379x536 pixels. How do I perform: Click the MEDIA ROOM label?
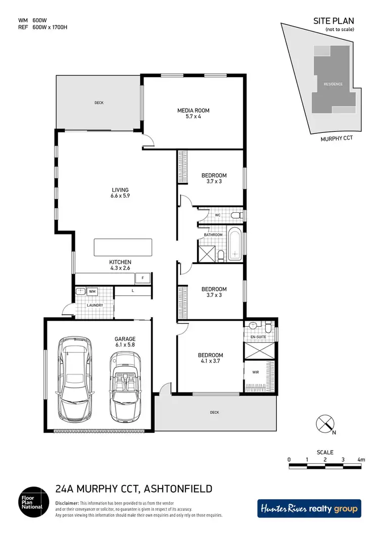pos(193,110)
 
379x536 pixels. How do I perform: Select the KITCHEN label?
pos(120,262)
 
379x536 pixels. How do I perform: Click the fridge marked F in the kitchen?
pos(144,278)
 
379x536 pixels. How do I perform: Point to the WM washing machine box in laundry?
pos(92,291)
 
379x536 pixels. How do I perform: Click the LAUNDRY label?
pos(94,305)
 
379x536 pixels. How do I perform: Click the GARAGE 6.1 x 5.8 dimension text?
pos(125,345)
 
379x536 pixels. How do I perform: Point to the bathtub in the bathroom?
pos(235,245)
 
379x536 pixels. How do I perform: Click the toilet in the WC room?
pos(235,215)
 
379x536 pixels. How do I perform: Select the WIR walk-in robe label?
pos(256,373)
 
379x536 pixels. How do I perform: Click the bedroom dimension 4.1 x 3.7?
pos(211,361)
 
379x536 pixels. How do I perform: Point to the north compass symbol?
pos(323,423)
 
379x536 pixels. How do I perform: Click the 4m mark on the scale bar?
pos(361,460)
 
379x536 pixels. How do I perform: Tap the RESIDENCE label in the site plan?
pos(333,84)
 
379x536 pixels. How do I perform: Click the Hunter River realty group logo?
pos(309,508)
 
